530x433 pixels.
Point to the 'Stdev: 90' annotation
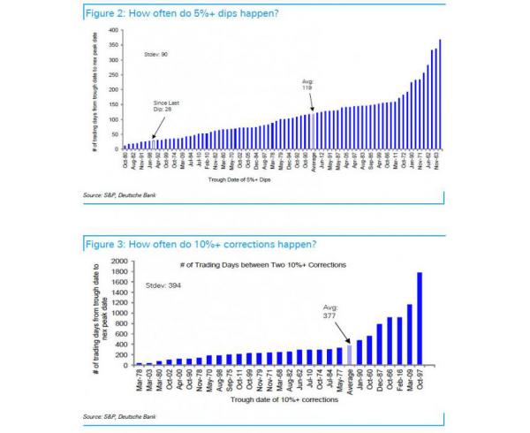(156, 55)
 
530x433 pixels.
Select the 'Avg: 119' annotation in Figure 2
(308, 87)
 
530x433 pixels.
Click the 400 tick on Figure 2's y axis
(113, 30)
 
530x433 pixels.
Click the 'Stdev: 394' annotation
(160, 287)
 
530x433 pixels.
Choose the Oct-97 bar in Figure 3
(419, 318)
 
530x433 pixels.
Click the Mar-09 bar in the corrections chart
(408, 334)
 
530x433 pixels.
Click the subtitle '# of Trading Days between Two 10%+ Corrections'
(273, 266)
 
